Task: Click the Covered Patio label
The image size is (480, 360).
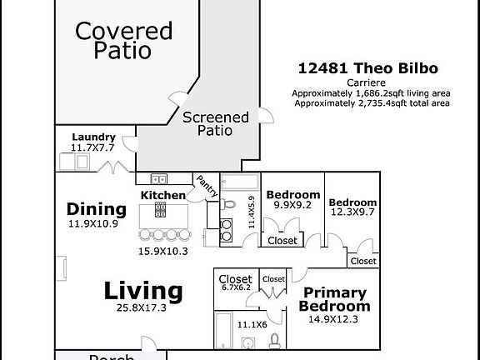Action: coord(123,40)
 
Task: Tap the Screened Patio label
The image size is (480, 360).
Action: coord(215,124)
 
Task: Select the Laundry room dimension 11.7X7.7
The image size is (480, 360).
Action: coord(92,147)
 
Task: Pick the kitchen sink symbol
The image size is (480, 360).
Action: coord(158,179)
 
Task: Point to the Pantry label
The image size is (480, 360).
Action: coord(207,186)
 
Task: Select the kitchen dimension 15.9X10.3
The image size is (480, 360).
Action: coord(163,251)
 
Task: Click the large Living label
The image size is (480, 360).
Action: coord(142,292)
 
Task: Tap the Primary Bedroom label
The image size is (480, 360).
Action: coord(333,299)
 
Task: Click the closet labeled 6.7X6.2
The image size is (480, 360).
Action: coord(235,283)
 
